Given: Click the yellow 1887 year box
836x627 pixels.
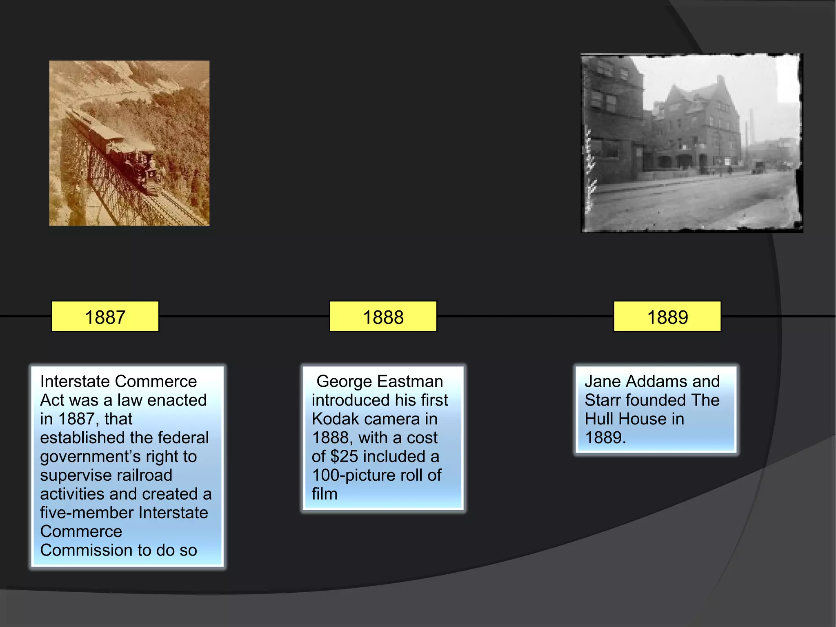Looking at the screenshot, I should click(x=105, y=317).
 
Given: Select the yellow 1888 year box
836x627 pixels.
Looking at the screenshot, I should click(x=383, y=317).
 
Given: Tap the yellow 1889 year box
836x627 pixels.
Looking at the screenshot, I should click(x=667, y=317).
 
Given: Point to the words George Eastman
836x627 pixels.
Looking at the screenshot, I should click(x=380, y=382).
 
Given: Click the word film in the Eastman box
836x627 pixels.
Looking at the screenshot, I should click(x=325, y=494).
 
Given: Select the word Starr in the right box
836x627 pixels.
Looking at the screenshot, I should click(x=602, y=400).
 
